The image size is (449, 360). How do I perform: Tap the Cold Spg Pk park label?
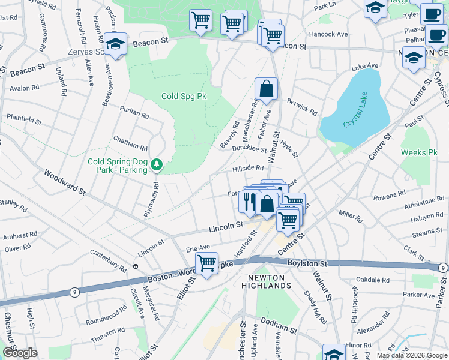pyautogui.click(x=184, y=96)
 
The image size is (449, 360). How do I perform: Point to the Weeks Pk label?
pyautogui.click(x=419, y=153)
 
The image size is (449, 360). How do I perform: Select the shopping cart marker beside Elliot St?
pyautogui.click(x=206, y=263)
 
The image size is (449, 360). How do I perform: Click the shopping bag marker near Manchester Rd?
pyautogui.click(x=266, y=89)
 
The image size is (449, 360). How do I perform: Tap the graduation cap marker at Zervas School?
pyautogui.click(x=115, y=44)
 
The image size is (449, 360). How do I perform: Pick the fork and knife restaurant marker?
pyautogui.click(x=249, y=200)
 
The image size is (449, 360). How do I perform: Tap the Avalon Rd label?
pyautogui.click(x=25, y=88)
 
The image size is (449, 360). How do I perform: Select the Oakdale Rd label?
pyautogui.click(x=375, y=280)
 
